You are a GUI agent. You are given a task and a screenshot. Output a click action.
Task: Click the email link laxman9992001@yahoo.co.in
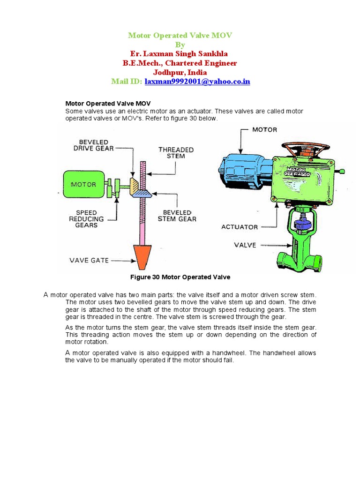pos(197,82)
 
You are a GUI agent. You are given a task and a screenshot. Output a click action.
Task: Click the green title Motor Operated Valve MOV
pos(180,36)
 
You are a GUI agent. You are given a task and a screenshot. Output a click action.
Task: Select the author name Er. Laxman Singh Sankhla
pos(180,54)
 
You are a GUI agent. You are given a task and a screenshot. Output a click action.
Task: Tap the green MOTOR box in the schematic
pos(83,184)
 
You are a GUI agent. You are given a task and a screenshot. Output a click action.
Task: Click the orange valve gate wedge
pos(140,257)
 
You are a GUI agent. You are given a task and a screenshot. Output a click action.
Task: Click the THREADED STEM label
pos(176,153)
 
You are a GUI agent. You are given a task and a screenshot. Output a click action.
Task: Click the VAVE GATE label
pos(89,261)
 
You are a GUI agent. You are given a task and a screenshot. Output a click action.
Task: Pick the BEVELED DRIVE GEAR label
pos(90,145)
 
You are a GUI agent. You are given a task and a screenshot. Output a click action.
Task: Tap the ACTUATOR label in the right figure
pos(240,227)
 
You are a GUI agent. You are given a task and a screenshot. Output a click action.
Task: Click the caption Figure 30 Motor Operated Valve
pos(180,277)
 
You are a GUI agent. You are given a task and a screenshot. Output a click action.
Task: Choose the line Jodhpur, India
pos(180,72)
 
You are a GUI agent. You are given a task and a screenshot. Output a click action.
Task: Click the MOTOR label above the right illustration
pos(265,129)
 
